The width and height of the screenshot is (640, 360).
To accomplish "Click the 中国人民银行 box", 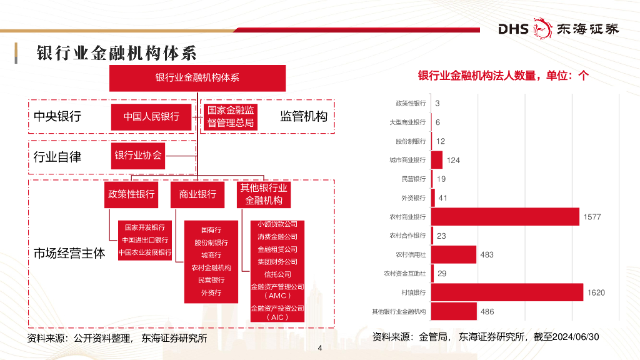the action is click(151, 117).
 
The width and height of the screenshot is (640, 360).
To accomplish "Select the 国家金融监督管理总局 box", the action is click(231, 117).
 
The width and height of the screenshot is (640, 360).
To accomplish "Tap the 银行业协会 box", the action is click(138, 156).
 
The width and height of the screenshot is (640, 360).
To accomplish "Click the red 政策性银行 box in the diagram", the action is click(131, 194).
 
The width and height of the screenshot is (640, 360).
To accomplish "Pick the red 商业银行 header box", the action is click(197, 194).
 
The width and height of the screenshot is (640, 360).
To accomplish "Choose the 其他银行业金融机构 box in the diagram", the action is click(264, 194).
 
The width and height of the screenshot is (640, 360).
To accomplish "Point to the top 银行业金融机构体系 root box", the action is click(197, 78).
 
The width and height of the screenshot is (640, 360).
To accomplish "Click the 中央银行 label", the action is click(57, 117).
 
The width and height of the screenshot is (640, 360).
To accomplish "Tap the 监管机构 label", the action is click(304, 116).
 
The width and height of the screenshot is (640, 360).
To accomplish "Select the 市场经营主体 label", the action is click(69, 254).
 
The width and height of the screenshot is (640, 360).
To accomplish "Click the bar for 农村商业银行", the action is click(505, 217).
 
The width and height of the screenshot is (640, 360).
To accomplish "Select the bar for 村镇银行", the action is click(507, 292).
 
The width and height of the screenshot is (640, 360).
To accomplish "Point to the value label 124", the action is click(453, 161).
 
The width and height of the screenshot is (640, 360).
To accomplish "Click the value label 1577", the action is click(592, 217).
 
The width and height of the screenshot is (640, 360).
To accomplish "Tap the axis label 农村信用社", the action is click(411, 255).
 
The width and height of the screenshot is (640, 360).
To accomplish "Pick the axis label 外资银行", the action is click(413, 198).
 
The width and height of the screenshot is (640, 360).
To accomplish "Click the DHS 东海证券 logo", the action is click(558, 29).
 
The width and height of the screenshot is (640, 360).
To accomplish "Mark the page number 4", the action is click(320, 348).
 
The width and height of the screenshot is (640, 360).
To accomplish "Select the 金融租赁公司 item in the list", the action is click(277, 249).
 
